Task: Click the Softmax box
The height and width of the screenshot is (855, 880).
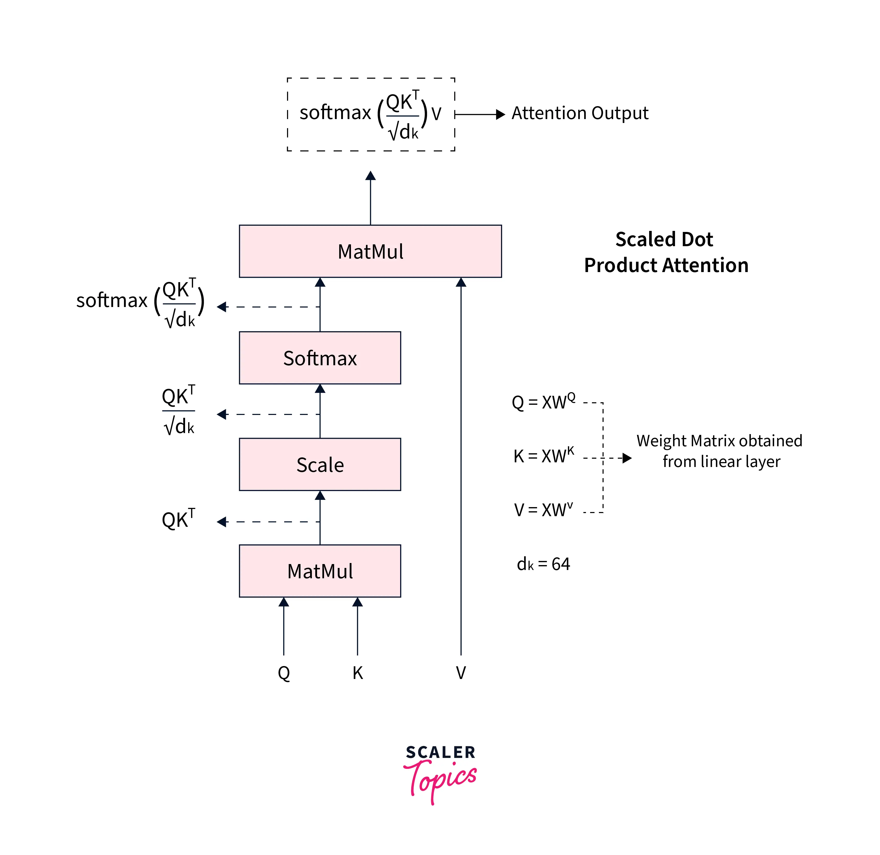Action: (320, 358)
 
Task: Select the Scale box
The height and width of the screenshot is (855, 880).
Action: (320, 464)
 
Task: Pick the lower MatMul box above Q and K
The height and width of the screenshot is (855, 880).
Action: (320, 571)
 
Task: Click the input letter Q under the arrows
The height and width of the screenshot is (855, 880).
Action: (284, 673)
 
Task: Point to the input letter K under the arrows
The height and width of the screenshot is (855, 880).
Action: (357, 673)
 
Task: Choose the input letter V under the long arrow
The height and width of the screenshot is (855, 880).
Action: (461, 673)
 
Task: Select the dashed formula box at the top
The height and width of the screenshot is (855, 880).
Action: (371, 114)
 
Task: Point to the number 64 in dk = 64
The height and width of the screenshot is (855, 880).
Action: (561, 564)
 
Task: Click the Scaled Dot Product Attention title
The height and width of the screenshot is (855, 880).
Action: (666, 252)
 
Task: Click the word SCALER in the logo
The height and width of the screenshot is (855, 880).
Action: (441, 752)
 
